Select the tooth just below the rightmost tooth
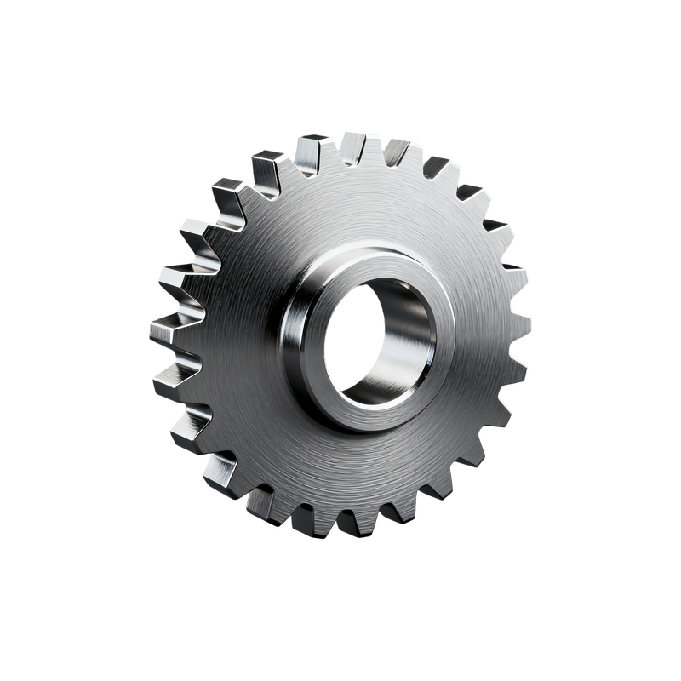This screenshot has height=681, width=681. tap(512, 371)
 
